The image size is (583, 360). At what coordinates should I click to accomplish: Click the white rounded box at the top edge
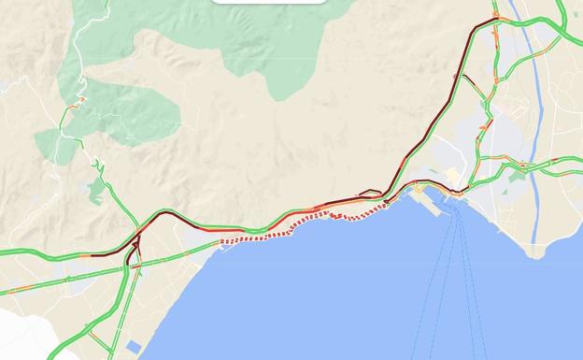pos(269,2)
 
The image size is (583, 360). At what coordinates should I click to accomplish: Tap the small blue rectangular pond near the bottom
pos(134,347)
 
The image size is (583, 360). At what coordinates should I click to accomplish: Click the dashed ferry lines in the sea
pos(458,281)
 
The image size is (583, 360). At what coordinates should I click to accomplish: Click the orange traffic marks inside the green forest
pos(79,99)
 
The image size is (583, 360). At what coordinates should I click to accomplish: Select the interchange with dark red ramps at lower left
pos(135,245)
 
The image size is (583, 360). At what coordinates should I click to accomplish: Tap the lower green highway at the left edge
pos(9,291)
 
